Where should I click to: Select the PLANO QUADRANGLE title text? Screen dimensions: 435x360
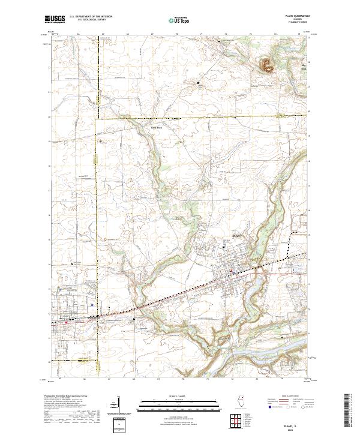point(298,17)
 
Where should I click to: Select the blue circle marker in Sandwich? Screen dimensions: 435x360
point(91,304)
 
